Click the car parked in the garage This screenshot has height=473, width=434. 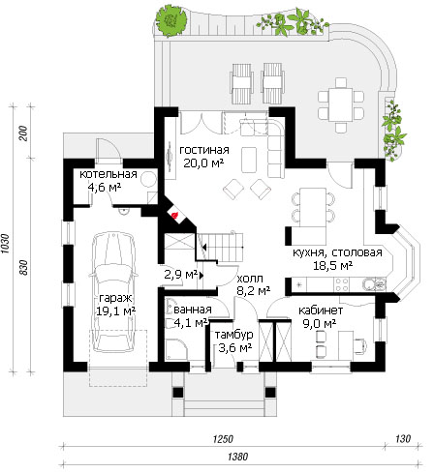click(113, 292)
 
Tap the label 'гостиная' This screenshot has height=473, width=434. click(204, 150)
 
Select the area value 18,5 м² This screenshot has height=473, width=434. click(332, 265)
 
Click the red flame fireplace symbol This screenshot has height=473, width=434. click(174, 215)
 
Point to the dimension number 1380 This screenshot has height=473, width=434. click(238, 457)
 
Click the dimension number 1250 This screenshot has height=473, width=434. click(223, 439)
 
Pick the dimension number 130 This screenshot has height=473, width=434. click(403, 438)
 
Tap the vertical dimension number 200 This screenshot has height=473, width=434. click(23, 133)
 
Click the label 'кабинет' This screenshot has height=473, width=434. click(321, 310)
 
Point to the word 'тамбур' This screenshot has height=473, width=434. click(233, 335)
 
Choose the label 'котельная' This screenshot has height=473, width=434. click(108, 174)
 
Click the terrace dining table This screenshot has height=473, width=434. click(341, 104)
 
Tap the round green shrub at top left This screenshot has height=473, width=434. click(170, 21)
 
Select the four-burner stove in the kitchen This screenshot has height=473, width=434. click(342, 284)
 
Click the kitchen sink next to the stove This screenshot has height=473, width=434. click(373, 284)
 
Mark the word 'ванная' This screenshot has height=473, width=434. click(193, 310)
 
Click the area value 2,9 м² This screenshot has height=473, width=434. click(180, 275)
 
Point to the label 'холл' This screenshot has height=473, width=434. click(250, 279)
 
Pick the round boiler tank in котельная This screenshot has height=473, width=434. click(149, 179)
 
